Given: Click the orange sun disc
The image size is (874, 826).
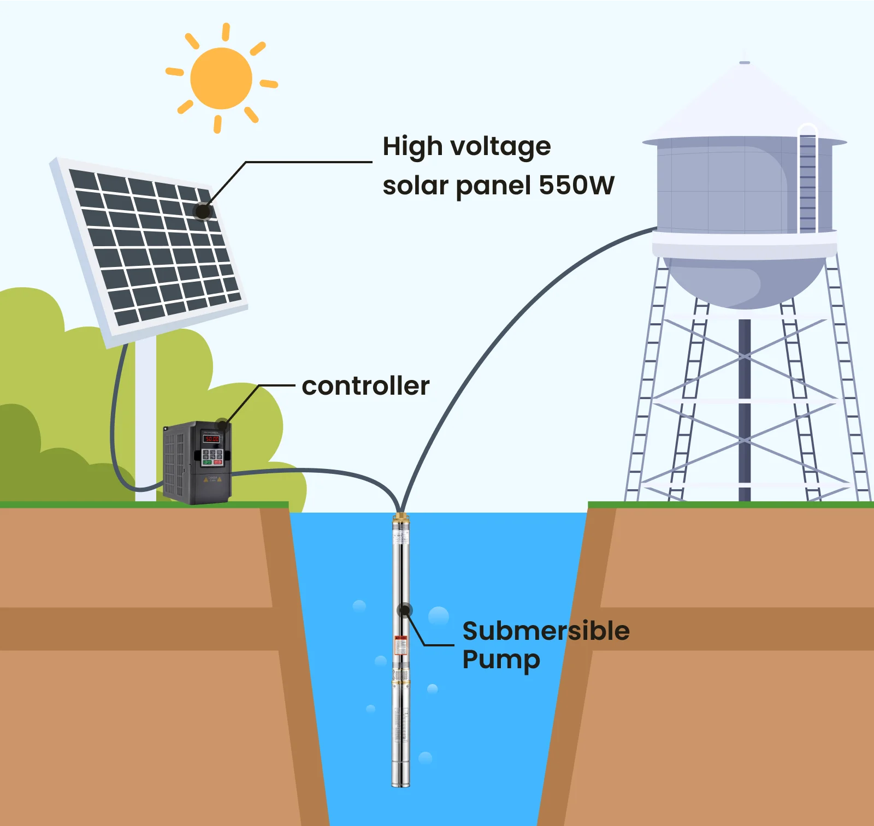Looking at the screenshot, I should pyautogui.click(x=221, y=78).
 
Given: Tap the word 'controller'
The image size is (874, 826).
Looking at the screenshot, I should pyautogui.click(x=365, y=386).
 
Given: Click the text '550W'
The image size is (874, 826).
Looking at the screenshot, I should pyautogui.click(x=576, y=185).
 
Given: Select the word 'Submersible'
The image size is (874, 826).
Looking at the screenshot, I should pyautogui.click(x=546, y=631).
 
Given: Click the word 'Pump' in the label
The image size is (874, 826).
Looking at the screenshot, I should pyautogui.click(x=501, y=659).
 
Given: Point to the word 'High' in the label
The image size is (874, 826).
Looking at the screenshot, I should pyautogui.click(x=412, y=146).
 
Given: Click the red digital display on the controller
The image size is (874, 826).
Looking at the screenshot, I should pyautogui.click(x=211, y=438).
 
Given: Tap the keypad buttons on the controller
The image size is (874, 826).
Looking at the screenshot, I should pyautogui.click(x=212, y=457).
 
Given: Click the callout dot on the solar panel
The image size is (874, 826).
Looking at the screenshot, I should pyautogui.click(x=203, y=211).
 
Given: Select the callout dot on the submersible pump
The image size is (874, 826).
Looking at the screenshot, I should pyautogui.click(x=405, y=610).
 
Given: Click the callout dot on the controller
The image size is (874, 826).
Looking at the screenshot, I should pyautogui.click(x=222, y=424).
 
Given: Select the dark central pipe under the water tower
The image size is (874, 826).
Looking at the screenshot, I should pyautogui.click(x=745, y=409).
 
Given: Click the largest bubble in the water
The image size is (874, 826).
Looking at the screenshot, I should pyautogui.click(x=439, y=616).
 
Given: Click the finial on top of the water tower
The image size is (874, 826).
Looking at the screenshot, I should pyautogui.click(x=745, y=62).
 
